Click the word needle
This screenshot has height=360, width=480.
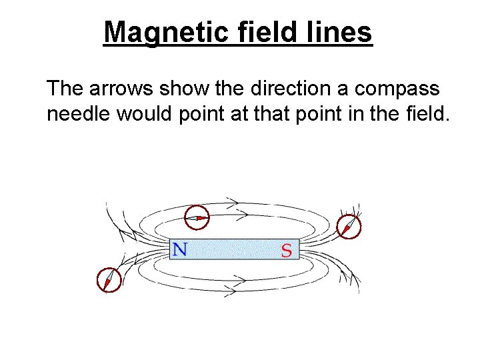[x=79, y=114]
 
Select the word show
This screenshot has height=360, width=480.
[x=179, y=89]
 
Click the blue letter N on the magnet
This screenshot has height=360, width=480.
[x=180, y=250]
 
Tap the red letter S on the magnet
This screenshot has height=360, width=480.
[x=287, y=251]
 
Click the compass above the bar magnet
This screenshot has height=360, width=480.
[x=196, y=217]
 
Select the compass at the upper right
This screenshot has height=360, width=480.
[x=349, y=226]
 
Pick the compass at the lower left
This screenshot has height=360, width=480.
[x=109, y=280]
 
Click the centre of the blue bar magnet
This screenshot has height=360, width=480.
[x=235, y=250]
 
